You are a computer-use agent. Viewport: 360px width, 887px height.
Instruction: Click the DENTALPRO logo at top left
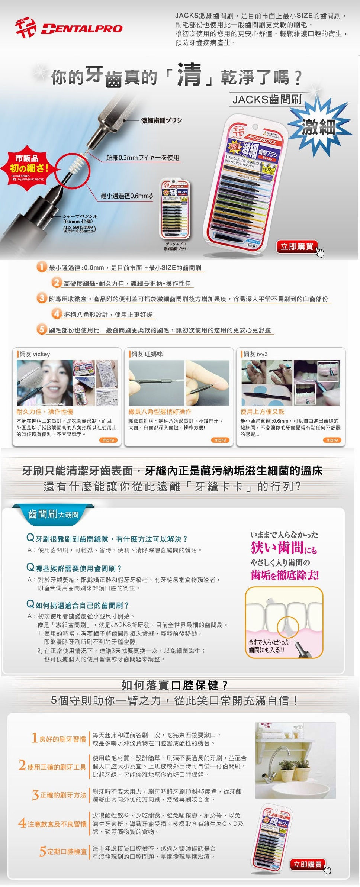[69, 28]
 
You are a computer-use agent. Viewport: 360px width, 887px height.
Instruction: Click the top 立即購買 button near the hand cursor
[296, 247]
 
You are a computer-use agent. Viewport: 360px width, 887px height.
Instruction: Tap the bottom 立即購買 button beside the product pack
[307, 864]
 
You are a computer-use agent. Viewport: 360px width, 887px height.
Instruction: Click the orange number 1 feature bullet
[42, 267]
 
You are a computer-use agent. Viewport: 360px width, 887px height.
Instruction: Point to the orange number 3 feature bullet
[42, 298]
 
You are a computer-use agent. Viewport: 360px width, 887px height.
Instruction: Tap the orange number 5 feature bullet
[42, 329]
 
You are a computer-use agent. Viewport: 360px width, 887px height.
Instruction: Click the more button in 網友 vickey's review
[108, 440]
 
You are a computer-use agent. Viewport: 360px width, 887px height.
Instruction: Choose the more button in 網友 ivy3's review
[332, 440]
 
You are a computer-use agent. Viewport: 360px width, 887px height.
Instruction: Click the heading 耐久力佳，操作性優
[45, 412]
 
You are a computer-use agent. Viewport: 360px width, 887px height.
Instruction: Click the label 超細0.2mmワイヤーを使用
[142, 158]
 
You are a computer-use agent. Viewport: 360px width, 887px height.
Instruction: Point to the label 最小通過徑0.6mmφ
[126, 196]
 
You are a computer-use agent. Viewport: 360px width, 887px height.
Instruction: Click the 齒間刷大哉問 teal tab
[53, 515]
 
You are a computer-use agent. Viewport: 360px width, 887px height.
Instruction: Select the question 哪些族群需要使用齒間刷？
[78, 568]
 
